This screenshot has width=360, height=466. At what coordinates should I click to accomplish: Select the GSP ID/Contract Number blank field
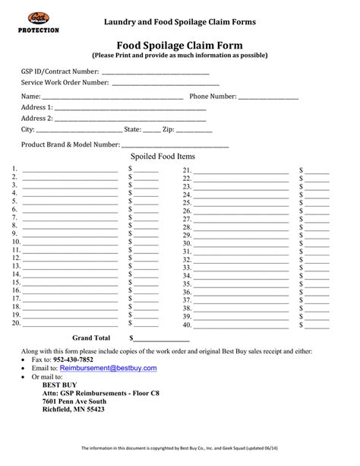tap(155, 73)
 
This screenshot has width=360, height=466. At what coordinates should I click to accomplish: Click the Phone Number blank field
tap(268, 98)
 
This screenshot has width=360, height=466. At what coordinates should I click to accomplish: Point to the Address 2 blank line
tap(130, 120)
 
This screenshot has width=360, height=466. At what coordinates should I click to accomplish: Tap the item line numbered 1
tap(70, 170)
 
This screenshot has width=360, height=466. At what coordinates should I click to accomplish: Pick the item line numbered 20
tap(70, 325)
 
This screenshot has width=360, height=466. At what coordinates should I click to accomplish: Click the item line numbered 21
tap(241, 172)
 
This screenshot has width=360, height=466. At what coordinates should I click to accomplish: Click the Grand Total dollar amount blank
tap(162, 339)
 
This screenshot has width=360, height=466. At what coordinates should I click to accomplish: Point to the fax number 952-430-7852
tap(74, 359)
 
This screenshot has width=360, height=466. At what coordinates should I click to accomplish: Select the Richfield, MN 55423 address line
tap(74, 409)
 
